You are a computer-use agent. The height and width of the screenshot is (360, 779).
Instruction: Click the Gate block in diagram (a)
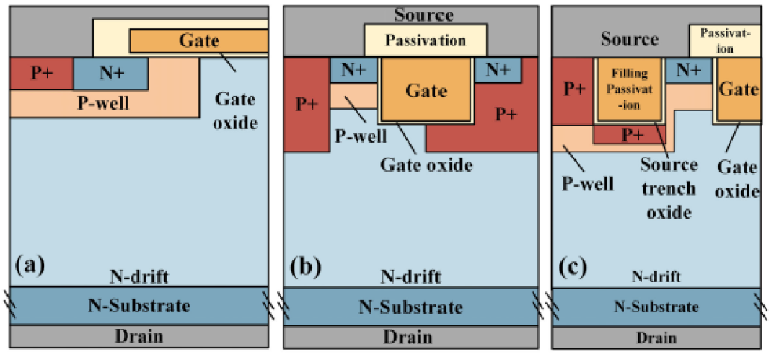tap(199, 40)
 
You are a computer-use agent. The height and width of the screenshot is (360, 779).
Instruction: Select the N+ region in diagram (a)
tap(110, 74)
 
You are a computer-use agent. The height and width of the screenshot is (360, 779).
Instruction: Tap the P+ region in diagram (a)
tap(42, 74)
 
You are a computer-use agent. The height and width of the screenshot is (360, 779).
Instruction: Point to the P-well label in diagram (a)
tap(103, 104)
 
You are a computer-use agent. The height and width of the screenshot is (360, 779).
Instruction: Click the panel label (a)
tap(30, 265)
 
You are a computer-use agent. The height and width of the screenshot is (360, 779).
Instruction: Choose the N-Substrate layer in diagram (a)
tap(139, 305)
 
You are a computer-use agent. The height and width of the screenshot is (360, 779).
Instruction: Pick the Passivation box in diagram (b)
tap(426, 40)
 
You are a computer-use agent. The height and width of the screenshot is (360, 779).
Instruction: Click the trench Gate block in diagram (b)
tap(426, 90)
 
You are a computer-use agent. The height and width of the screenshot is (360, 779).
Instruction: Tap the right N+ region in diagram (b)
tap(498, 70)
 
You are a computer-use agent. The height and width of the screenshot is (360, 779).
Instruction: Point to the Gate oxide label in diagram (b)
tap(426, 164)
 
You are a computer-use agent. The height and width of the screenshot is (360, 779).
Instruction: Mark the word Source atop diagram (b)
tap(424, 14)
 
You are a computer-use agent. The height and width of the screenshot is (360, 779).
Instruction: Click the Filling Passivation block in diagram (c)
tap(630, 90)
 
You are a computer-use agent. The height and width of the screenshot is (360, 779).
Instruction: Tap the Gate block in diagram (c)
tap(739, 90)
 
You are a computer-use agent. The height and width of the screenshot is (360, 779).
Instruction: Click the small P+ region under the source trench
tap(631, 135)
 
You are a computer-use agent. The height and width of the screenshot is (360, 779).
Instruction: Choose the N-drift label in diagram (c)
tap(655, 276)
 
